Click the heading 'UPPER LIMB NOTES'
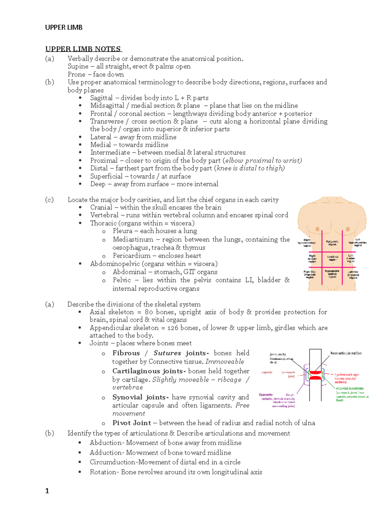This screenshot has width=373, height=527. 83,49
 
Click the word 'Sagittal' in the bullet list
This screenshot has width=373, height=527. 101,98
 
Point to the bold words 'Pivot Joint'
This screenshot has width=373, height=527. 132,423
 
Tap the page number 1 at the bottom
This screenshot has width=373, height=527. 47,491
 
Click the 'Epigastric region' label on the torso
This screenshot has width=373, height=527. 332,243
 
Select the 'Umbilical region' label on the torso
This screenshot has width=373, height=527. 332,258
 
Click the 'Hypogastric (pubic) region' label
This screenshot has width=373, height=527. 332,274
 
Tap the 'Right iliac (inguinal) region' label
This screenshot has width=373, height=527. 310,274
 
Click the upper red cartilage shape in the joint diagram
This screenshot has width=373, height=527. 315,372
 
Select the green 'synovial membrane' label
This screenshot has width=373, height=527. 350,388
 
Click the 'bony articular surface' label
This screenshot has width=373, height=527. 346,353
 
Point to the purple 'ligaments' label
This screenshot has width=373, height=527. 266,395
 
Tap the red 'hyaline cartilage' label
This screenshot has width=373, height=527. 347,375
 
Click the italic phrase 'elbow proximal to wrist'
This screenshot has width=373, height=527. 263,160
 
